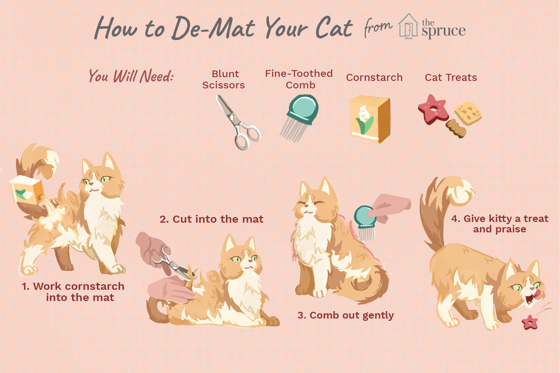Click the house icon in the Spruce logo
408,26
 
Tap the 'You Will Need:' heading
131,76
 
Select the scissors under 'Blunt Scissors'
238,122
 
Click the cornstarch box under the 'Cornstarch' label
370,119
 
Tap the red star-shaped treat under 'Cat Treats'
433,109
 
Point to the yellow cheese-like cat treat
468,113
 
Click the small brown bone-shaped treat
456,128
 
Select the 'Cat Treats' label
451,78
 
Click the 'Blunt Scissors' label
224,79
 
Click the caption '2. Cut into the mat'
212,219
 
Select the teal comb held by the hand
365,223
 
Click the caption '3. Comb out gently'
345,315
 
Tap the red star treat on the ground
530,322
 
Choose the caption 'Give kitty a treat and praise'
500,224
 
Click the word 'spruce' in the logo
444,31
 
